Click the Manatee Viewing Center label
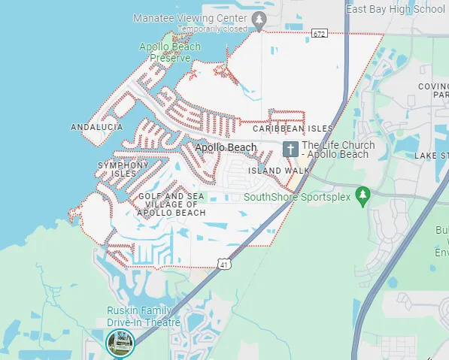coord(190,17)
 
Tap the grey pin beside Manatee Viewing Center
coord(259,20)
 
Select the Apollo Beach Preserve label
coord(170,52)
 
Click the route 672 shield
coord(319,33)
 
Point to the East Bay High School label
coord(396,9)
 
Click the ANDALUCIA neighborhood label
coord(96,128)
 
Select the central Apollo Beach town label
coord(226,148)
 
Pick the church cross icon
coord(290,149)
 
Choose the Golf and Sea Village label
coord(171,204)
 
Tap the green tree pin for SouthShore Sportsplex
coord(363,196)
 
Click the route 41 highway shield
coord(224,264)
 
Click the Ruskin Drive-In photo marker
coord(120,343)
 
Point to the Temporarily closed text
coord(213,28)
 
